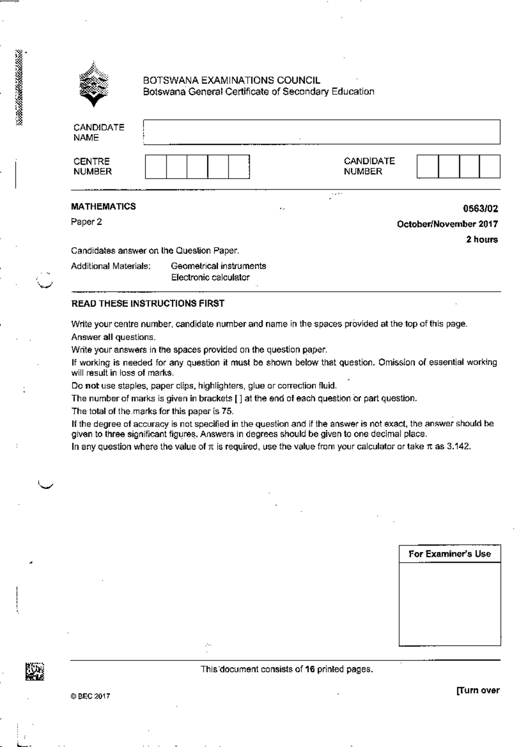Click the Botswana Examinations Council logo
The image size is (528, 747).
point(93,84)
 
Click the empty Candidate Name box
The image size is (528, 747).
point(321,132)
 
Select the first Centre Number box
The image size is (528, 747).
point(156,166)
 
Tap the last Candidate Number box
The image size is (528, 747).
point(490,166)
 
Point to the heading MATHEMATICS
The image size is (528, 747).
point(103,206)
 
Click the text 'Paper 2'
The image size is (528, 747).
point(86,222)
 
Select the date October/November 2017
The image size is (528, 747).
point(447,224)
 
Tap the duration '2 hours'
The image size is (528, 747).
point(482,240)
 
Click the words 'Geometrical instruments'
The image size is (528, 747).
point(218,266)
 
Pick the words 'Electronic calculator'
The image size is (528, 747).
point(210,278)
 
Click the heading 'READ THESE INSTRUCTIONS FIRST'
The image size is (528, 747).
point(148,304)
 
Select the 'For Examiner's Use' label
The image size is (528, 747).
point(450,554)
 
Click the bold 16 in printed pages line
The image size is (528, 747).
point(310,670)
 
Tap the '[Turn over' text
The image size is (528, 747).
point(478,690)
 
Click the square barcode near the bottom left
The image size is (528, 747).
point(35,672)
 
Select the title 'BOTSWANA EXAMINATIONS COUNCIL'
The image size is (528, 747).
point(231,81)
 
